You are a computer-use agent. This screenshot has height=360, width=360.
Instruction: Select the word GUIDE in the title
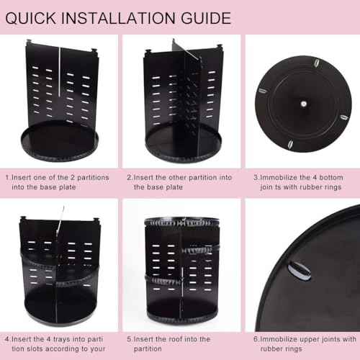[x=206, y=17]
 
